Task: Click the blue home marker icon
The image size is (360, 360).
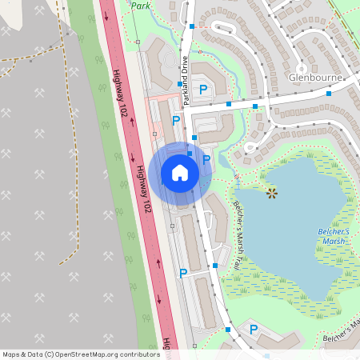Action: [x=180, y=172]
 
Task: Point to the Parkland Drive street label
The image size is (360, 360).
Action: [x=185, y=80]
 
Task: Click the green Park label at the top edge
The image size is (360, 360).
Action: [x=142, y=5]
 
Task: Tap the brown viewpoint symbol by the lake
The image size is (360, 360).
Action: [x=272, y=192]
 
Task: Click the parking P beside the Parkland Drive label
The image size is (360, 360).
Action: [x=203, y=90]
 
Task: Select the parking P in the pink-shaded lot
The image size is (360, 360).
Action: [x=176, y=121]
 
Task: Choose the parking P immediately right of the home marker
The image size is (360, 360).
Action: [x=206, y=159]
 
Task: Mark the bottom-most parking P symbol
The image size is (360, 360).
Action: [x=254, y=329]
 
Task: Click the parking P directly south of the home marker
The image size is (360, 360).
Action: [x=183, y=274]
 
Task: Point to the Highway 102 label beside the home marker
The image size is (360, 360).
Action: [x=142, y=189]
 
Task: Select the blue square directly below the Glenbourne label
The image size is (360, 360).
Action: [x=328, y=94]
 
